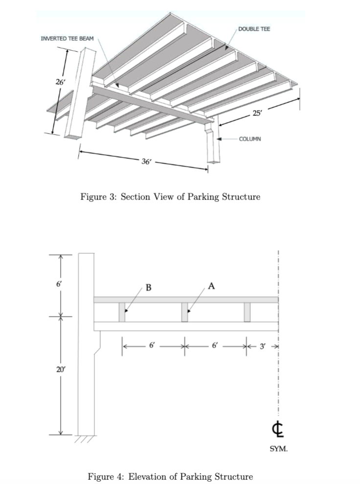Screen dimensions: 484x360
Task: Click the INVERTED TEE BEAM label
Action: (67, 38)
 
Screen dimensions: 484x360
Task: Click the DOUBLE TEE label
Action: (254, 29)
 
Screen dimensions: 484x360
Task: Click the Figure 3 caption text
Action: (170, 197)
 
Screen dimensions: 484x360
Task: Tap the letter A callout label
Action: (211, 286)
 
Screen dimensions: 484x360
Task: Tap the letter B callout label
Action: (148, 287)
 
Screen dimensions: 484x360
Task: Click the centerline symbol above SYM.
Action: (278, 429)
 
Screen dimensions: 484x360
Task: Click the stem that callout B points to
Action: (122, 312)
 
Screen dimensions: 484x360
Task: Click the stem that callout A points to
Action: (184, 312)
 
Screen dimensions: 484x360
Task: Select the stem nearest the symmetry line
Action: (247, 312)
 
